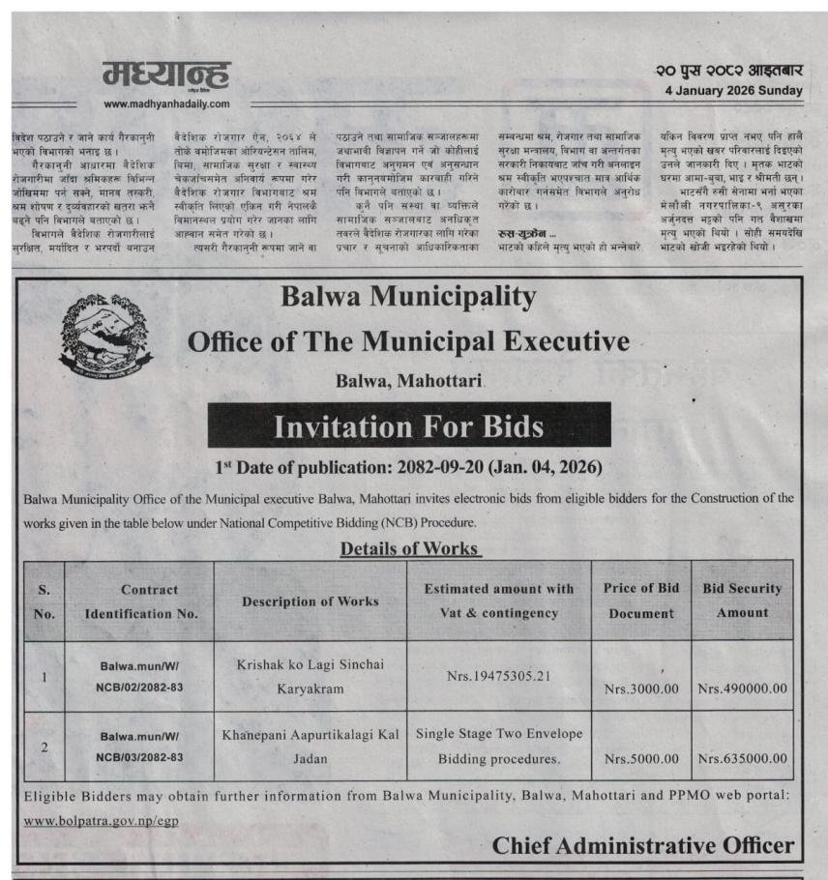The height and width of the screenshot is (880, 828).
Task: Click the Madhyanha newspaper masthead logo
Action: [x=166, y=74]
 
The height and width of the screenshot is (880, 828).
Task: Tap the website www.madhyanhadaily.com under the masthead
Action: [x=166, y=103]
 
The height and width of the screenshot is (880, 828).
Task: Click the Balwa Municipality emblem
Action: [x=105, y=335]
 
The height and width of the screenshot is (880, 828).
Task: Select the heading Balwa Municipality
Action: [x=408, y=296]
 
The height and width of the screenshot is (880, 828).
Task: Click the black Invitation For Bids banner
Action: [x=408, y=425]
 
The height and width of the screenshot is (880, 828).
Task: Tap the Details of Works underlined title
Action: [x=410, y=548]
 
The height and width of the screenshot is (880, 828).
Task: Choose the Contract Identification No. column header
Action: [x=140, y=601]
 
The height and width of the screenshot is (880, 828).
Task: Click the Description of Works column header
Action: [x=310, y=601]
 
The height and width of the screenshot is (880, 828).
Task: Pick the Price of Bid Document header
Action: [x=640, y=601]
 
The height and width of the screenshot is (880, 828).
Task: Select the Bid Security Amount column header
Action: [x=741, y=601]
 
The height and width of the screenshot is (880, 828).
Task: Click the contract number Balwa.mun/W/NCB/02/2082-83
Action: [x=140, y=676]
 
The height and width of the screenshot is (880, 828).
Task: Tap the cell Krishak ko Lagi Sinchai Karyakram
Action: [x=310, y=676]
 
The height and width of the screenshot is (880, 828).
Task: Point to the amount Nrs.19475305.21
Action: [x=498, y=675]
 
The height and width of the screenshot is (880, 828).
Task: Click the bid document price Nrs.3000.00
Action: [x=640, y=689]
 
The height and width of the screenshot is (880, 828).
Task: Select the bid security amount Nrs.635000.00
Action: [x=742, y=758]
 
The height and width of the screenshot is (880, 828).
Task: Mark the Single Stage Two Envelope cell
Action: [x=498, y=747]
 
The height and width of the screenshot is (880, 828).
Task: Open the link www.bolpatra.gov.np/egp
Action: [x=100, y=820]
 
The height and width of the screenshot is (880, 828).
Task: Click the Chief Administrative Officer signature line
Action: [x=642, y=845]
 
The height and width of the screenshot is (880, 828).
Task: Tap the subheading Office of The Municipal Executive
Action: [x=408, y=341]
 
